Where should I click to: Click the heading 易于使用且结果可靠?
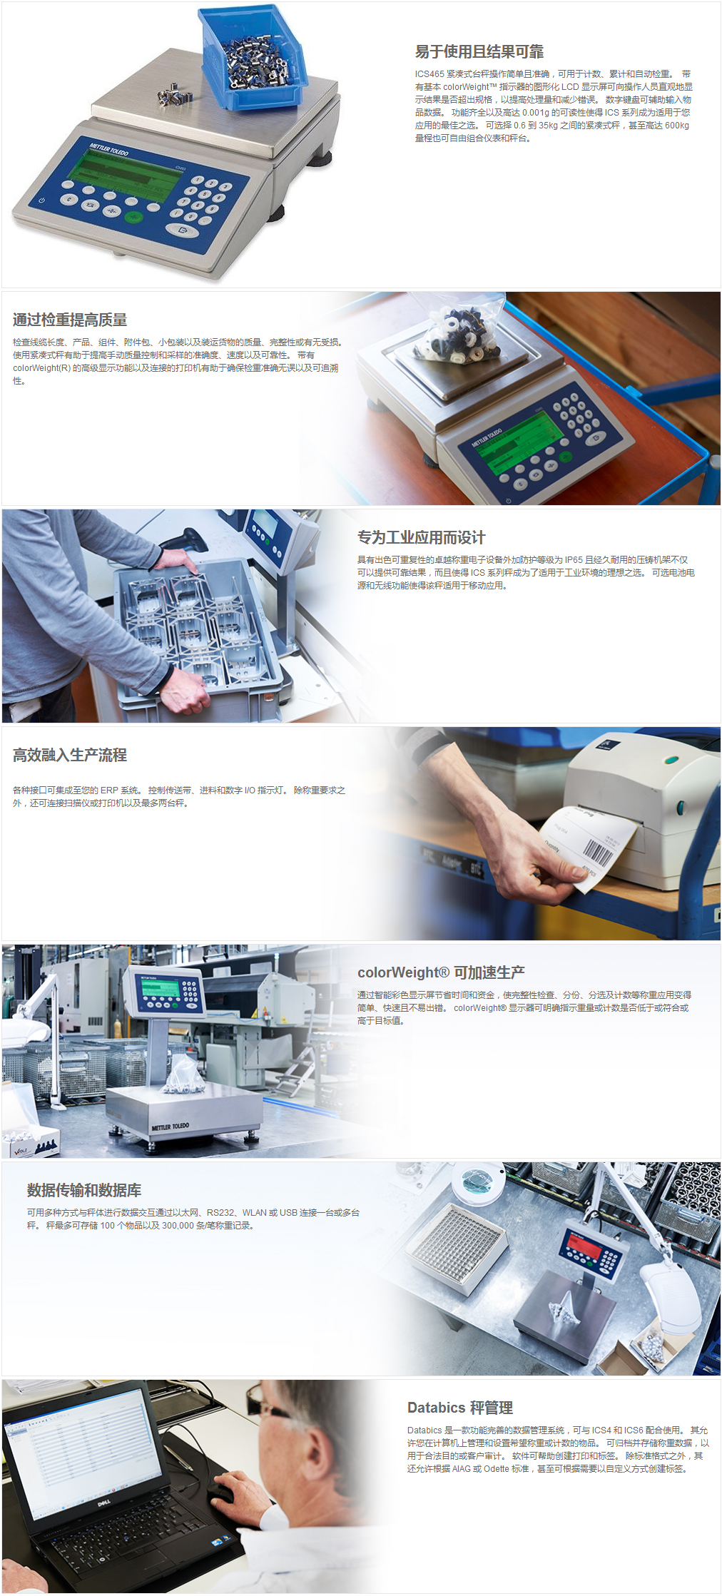pyautogui.click(x=479, y=51)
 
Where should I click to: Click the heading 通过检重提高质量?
pyautogui.click(x=70, y=320)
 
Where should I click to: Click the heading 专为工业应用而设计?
pyautogui.click(x=421, y=537)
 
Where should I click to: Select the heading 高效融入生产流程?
pyautogui.click(x=70, y=755)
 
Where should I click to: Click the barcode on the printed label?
pyautogui.click(x=597, y=852)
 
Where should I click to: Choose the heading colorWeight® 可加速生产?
pyautogui.click(x=441, y=972)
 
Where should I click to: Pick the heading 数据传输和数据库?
pyautogui.click(x=84, y=1190)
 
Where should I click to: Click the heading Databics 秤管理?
pyautogui.click(x=460, y=1408)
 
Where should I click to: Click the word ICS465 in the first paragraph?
pyautogui.click(x=429, y=74)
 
